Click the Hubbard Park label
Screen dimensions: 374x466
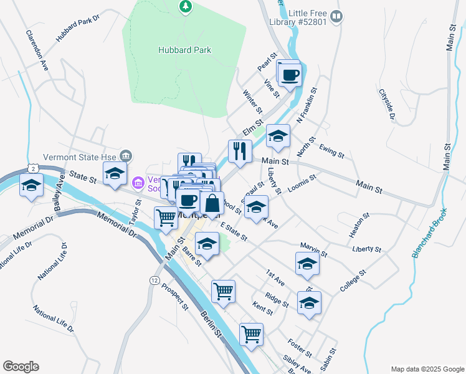(x=184, y=50)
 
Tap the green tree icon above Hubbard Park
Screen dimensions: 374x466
(x=184, y=7)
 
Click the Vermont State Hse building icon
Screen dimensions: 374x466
(x=126, y=156)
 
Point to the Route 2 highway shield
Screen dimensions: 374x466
(x=34, y=168)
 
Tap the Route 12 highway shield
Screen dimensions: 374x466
(x=153, y=280)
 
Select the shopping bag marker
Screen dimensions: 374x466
(x=212, y=203)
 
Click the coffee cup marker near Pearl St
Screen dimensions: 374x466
(x=288, y=75)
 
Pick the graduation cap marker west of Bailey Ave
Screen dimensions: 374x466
(x=31, y=186)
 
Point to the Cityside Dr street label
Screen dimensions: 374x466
(x=387, y=103)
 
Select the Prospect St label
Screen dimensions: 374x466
(x=174, y=297)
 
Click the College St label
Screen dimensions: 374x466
(x=353, y=280)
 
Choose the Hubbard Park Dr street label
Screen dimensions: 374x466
(x=78, y=29)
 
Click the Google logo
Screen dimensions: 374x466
(x=21, y=367)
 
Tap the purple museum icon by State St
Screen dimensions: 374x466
(x=138, y=182)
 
